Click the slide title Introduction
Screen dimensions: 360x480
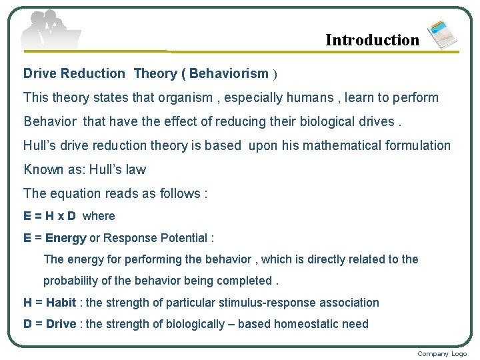point(372,40)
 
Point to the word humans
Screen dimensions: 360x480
point(307,97)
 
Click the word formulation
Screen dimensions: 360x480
point(417,145)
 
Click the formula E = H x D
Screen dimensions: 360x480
point(50,216)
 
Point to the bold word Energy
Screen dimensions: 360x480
point(65,238)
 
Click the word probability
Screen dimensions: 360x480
point(74,280)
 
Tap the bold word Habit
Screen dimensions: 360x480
point(61,303)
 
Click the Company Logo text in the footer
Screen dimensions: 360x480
point(442,353)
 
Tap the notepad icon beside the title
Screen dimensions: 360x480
point(442,35)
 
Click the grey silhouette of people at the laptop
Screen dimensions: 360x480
point(50,30)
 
